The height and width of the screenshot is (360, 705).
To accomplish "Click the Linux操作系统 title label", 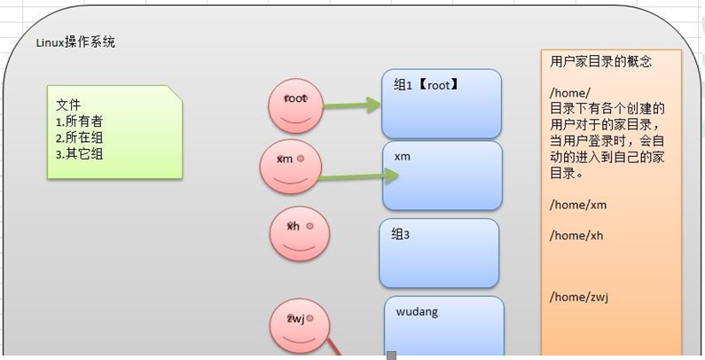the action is click(x=75, y=43).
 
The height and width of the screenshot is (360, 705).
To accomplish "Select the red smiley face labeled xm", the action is click(x=290, y=166).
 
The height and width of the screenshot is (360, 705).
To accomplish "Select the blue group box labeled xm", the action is click(x=442, y=174).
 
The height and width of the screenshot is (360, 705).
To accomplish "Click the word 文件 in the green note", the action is click(x=68, y=105).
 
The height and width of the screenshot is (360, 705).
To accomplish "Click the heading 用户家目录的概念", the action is click(x=600, y=62).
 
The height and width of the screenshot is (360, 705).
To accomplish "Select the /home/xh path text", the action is click(x=576, y=235).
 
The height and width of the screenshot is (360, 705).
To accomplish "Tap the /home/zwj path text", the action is click(x=579, y=296).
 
